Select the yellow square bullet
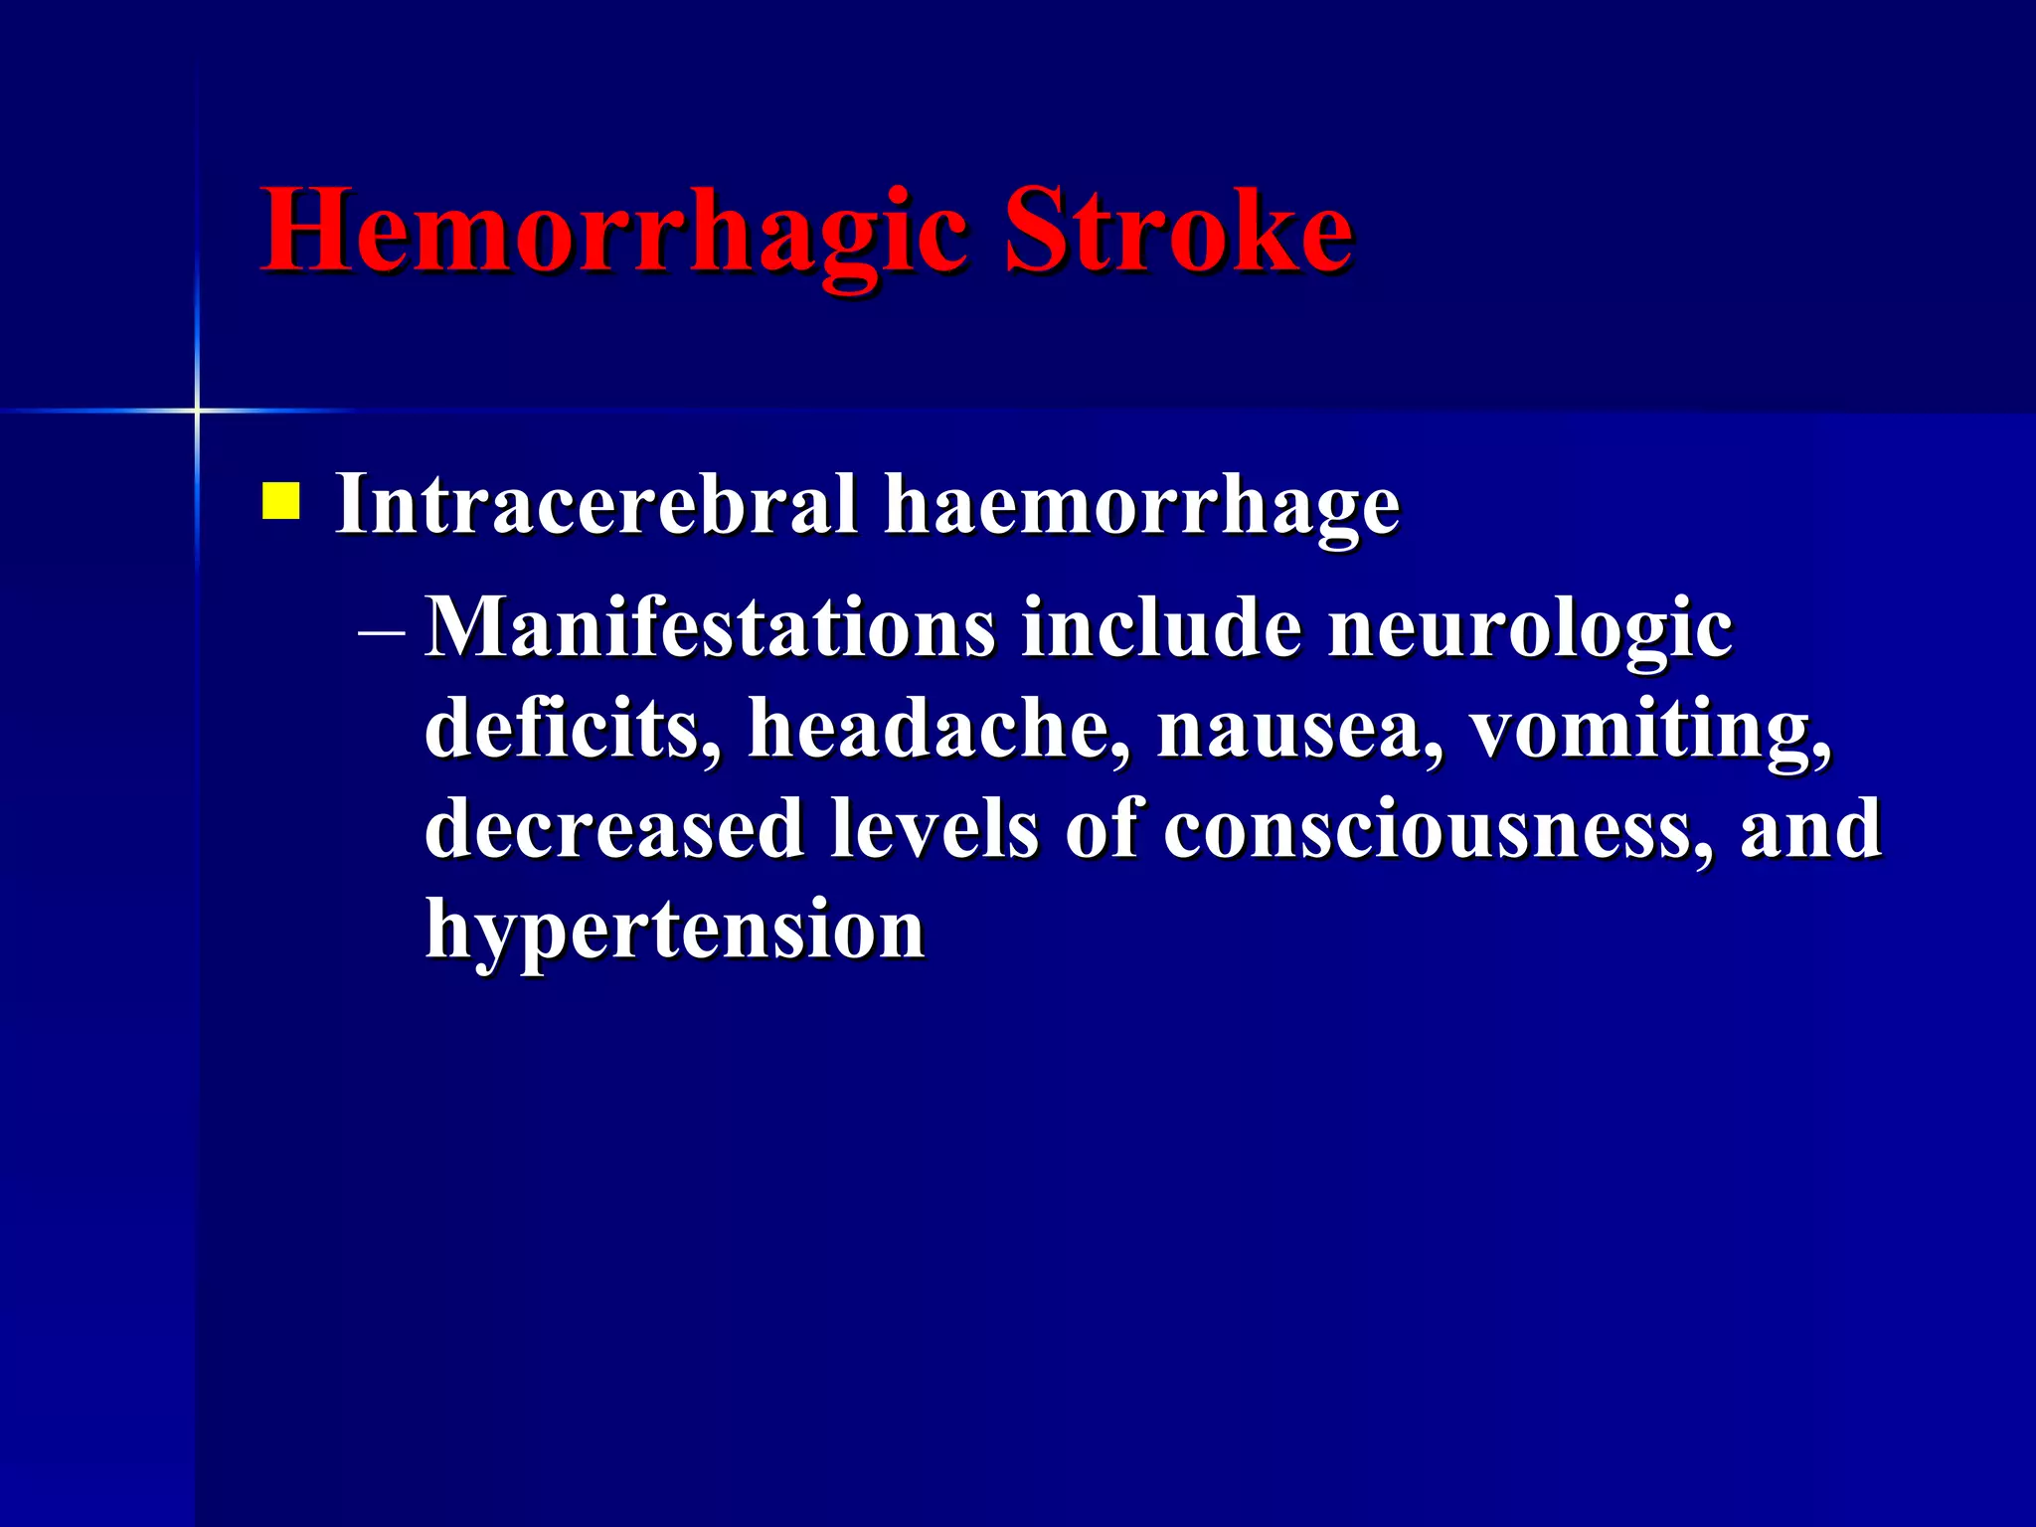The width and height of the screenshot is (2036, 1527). [280, 501]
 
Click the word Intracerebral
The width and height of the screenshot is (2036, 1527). [595, 504]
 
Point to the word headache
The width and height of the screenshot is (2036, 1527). [938, 729]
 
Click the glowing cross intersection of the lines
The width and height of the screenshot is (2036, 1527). [197, 410]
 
